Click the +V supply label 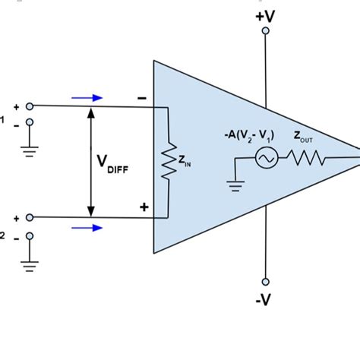click(266, 14)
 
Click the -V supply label click(264, 300)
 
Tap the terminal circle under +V click(265, 31)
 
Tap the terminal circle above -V click(265, 280)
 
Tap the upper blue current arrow click(87, 97)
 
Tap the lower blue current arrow click(87, 227)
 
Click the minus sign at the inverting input click(141, 98)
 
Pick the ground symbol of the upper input click(30, 150)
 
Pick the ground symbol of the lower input click(30, 265)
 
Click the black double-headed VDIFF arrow click(91, 161)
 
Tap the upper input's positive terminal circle click(30, 107)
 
